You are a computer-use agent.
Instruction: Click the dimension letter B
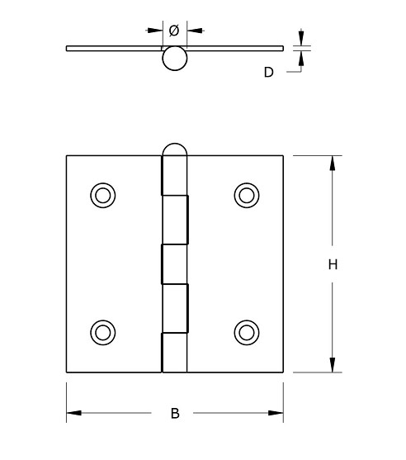[x=174, y=414]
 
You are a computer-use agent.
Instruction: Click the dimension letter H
[x=333, y=264]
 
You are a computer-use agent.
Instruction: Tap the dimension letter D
[x=268, y=73]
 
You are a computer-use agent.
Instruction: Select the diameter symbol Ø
[x=174, y=31]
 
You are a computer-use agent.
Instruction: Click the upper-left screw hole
[x=102, y=195]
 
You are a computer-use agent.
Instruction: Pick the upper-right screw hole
[x=246, y=195]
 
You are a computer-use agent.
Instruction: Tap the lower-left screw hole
[x=102, y=332]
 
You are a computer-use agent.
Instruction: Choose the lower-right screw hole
[x=246, y=332]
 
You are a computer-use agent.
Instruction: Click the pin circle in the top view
[x=174, y=58]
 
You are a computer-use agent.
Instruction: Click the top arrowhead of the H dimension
[x=333, y=162]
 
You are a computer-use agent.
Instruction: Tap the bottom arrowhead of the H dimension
[x=333, y=365]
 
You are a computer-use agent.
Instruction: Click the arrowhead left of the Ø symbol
[x=156, y=31]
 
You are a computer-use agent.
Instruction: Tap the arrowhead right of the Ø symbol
[x=192, y=31]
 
